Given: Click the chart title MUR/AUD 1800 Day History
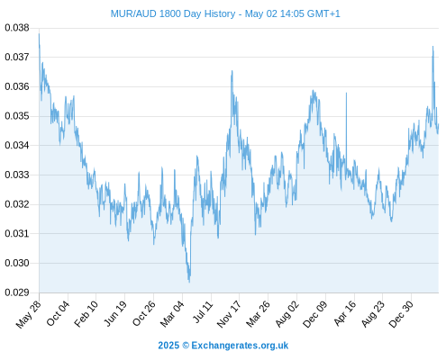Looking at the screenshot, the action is coord(173,13).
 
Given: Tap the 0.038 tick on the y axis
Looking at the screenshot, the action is coord(17,28).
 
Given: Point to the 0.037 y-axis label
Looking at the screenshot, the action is coord(17,57).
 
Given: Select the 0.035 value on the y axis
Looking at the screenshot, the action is coord(17,116).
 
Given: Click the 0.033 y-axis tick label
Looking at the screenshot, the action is coord(17,175).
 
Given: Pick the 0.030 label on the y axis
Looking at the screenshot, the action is coord(17,263).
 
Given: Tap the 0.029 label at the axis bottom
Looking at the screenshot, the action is coord(17,292).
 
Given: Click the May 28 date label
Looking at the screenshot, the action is coord(28,315).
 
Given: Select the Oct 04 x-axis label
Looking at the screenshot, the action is coord(58,313).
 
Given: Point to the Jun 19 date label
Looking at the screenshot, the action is coord(115,313).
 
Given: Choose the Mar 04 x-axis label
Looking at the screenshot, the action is coord(172,314).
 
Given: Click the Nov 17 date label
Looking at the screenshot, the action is coord(229,314).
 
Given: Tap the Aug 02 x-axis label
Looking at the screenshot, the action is coord(287,314).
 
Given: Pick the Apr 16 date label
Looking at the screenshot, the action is coord(344,313).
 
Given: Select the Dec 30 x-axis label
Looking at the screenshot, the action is coord(401,314).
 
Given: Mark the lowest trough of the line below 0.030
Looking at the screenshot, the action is coord(189,282).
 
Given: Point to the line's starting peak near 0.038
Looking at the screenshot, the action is coord(39,33).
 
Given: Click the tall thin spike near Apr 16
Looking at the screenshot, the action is coord(346,94).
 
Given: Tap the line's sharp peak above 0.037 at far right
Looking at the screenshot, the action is coord(432,47).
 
